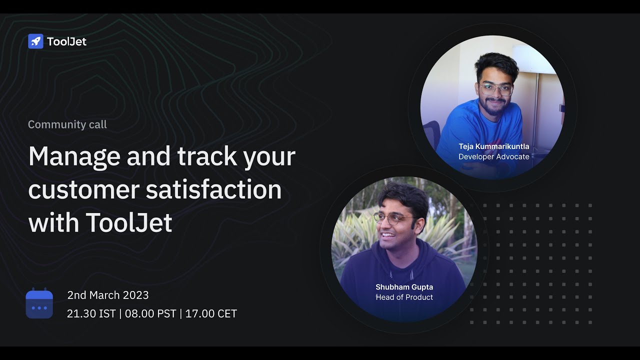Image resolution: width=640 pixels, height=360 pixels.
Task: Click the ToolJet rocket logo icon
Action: [35, 41]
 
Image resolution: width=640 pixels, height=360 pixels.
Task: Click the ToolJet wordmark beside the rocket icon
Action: [66, 41]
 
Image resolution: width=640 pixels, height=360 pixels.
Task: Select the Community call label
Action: [67, 124]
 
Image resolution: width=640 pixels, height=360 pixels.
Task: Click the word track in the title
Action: [201, 156]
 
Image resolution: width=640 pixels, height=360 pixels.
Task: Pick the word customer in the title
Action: [83, 190]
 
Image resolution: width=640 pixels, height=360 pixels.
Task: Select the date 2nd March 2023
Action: [108, 295]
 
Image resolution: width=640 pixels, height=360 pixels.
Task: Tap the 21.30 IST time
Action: [91, 314]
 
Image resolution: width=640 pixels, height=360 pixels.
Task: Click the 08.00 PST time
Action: [150, 314]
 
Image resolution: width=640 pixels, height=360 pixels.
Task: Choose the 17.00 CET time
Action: [211, 314]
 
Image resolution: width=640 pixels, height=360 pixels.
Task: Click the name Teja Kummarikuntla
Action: [493, 146]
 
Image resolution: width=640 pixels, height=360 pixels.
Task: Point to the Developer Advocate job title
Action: [493, 156]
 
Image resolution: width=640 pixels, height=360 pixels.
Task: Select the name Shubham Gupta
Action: [404, 287]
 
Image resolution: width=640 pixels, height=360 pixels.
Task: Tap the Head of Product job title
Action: [404, 297]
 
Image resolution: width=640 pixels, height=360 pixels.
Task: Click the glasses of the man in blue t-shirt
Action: [496, 90]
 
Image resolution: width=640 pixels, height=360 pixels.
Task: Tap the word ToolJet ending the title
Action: [129, 223]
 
